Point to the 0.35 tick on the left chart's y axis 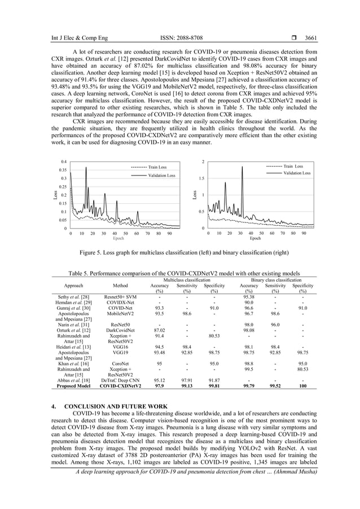click(63, 170)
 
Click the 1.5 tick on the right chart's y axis click(201, 178)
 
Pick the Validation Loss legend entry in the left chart click(161, 175)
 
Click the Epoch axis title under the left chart click(119, 239)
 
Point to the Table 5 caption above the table click(180, 273)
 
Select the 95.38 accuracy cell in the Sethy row click(249, 296)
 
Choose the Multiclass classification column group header click(187, 280)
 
